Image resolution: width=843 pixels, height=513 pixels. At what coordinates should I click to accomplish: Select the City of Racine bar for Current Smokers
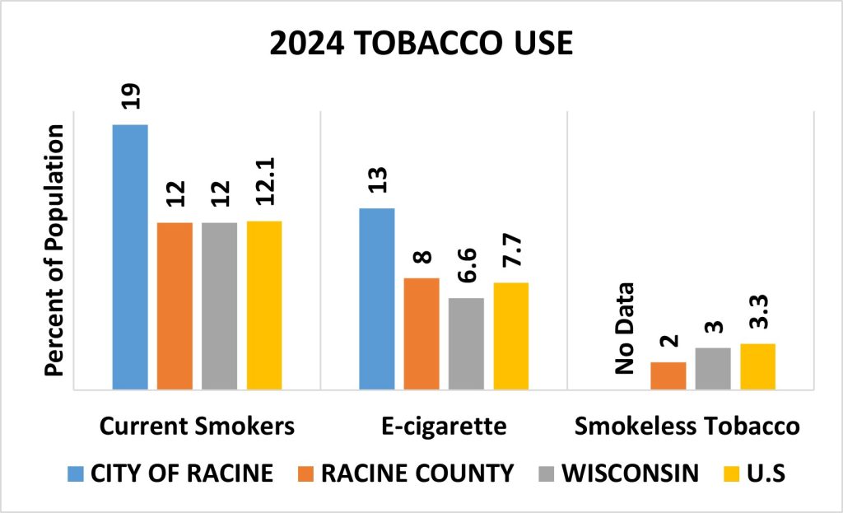(130, 256)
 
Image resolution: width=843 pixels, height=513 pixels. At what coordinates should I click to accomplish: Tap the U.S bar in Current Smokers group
(264, 305)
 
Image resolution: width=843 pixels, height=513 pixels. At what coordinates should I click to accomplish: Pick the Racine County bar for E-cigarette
(421, 333)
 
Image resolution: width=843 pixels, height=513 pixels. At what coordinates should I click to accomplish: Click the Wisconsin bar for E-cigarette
(466, 343)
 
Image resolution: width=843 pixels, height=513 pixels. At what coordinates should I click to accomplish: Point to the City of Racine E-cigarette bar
(377, 298)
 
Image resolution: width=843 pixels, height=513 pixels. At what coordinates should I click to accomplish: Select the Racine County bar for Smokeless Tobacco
(668, 375)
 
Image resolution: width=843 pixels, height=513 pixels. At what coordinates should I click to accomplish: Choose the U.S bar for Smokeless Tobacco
(757, 366)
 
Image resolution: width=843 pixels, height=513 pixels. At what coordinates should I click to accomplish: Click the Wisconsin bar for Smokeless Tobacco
(713, 368)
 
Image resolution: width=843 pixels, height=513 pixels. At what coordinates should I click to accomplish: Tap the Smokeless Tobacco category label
(687, 427)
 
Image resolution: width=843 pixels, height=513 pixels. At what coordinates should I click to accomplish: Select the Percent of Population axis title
(55, 251)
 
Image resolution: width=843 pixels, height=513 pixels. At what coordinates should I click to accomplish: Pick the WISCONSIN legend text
(633, 473)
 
